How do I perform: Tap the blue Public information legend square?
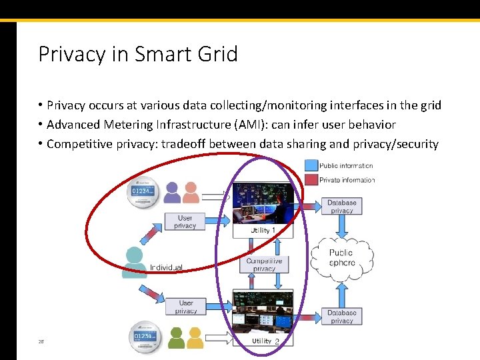pyautogui.click(x=311, y=165)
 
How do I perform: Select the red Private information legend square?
pyautogui.click(x=311, y=180)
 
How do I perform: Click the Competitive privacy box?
pyautogui.click(x=264, y=265)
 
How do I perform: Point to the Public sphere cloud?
pyautogui.click(x=341, y=257)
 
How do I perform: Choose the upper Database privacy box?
pyautogui.click(x=341, y=206)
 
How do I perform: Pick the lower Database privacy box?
pyautogui.click(x=341, y=316)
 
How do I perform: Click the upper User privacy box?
pyautogui.click(x=185, y=222)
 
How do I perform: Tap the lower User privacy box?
pyautogui.click(x=186, y=307)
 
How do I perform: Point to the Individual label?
pyautogui.click(x=167, y=267)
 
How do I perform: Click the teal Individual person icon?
pyautogui.click(x=135, y=262)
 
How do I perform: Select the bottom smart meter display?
pyautogui.click(x=145, y=337)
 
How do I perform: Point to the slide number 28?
pyautogui.click(x=41, y=341)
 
